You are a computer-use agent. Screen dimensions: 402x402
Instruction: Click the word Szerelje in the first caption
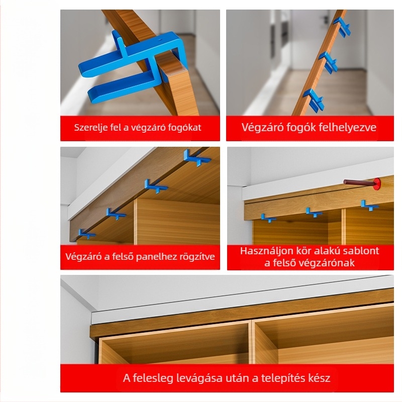[x=86, y=128]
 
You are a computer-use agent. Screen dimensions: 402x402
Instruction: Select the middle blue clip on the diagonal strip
[x=328, y=62]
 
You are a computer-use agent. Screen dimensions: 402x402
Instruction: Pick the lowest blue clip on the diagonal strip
[x=314, y=100]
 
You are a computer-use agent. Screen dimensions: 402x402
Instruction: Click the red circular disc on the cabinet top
[x=376, y=183]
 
